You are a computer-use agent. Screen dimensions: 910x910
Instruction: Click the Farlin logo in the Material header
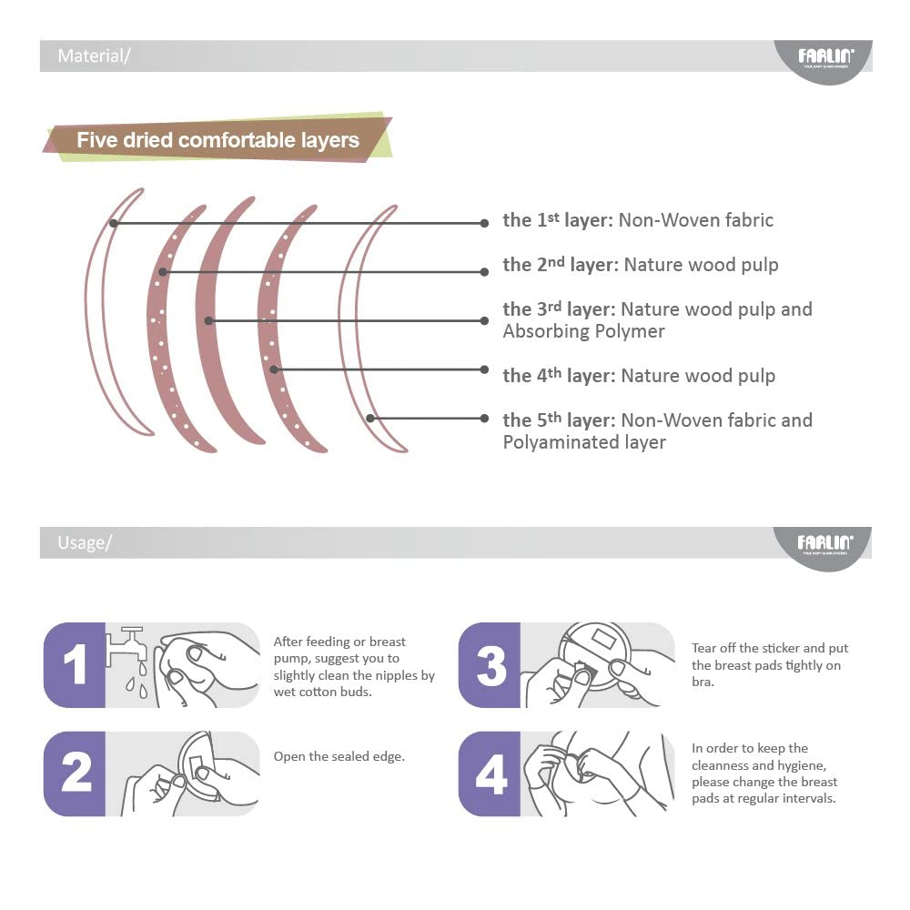(x=825, y=56)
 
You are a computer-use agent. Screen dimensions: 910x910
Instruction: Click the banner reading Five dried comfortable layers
(x=217, y=139)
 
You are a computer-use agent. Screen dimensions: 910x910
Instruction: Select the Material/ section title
(x=94, y=56)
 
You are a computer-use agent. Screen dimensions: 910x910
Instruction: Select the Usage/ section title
(x=85, y=542)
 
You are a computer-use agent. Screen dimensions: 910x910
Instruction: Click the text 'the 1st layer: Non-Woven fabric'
(x=638, y=220)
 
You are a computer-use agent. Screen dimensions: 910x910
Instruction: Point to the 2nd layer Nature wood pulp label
(x=641, y=265)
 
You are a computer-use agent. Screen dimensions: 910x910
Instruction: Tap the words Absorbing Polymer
(x=583, y=331)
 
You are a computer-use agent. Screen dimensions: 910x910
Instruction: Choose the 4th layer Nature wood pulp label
(x=639, y=376)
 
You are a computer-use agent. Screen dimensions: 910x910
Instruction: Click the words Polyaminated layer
(x=584, y=442)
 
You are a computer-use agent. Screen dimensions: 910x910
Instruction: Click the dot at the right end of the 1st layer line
(x=485, y=224)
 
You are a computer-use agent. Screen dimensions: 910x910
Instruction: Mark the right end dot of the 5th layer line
(x=485, y=419)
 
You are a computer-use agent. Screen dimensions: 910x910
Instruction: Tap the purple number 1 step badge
(x=75, y=665)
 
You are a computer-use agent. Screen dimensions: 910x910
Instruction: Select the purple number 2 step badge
(x=75, y=773)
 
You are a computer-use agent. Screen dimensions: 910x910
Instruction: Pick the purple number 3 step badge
(x=490, y=665)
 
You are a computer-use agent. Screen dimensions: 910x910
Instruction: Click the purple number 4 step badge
(x=490, y=773)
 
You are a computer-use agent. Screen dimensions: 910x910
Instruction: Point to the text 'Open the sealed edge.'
(x=339, y=756)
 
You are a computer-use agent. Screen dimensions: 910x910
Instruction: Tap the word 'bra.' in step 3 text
(x=703, y=682)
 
